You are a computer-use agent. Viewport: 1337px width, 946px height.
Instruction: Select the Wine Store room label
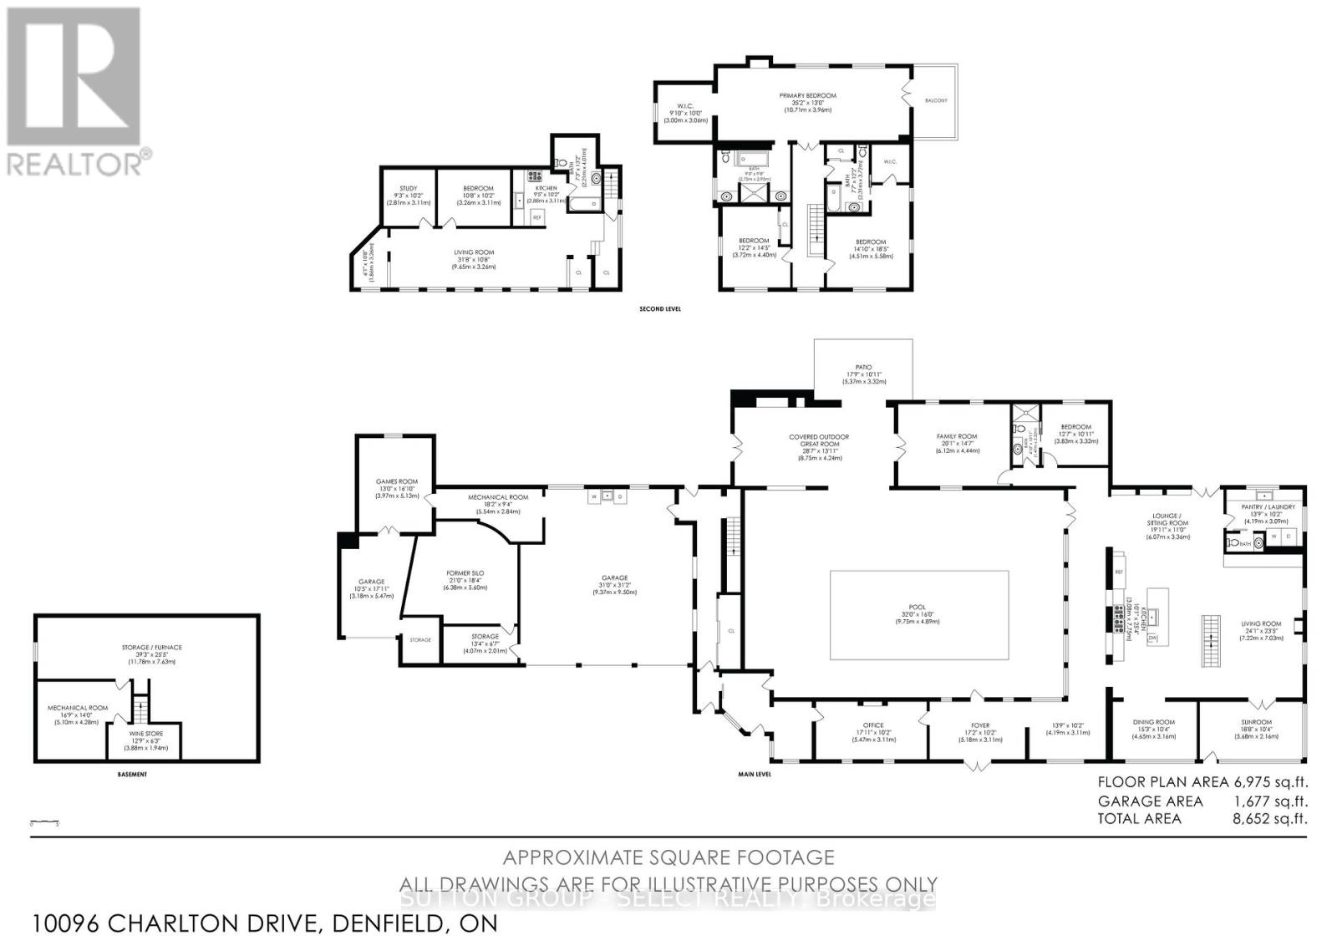pos(146,734)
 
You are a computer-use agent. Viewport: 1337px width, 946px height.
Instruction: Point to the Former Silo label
pos(465,573)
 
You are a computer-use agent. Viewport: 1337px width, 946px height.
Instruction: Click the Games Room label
pos(396,481)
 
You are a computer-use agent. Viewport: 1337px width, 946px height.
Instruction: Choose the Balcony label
pos(936,100)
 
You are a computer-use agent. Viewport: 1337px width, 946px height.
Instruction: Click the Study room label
pos(408,188)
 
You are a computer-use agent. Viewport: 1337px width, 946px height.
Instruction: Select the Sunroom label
pos(1256,722)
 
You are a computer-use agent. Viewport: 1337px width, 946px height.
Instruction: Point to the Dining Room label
pos(1153,722)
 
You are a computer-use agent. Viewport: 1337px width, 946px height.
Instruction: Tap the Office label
pos(873,725)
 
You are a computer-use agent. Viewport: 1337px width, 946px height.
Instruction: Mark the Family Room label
pos(956,436)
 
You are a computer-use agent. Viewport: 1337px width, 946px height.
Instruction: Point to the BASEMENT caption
pos(132,775)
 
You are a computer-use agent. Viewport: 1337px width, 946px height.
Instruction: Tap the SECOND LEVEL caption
pos(660,309)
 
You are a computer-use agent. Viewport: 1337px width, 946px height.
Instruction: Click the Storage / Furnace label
pos(150,647)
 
